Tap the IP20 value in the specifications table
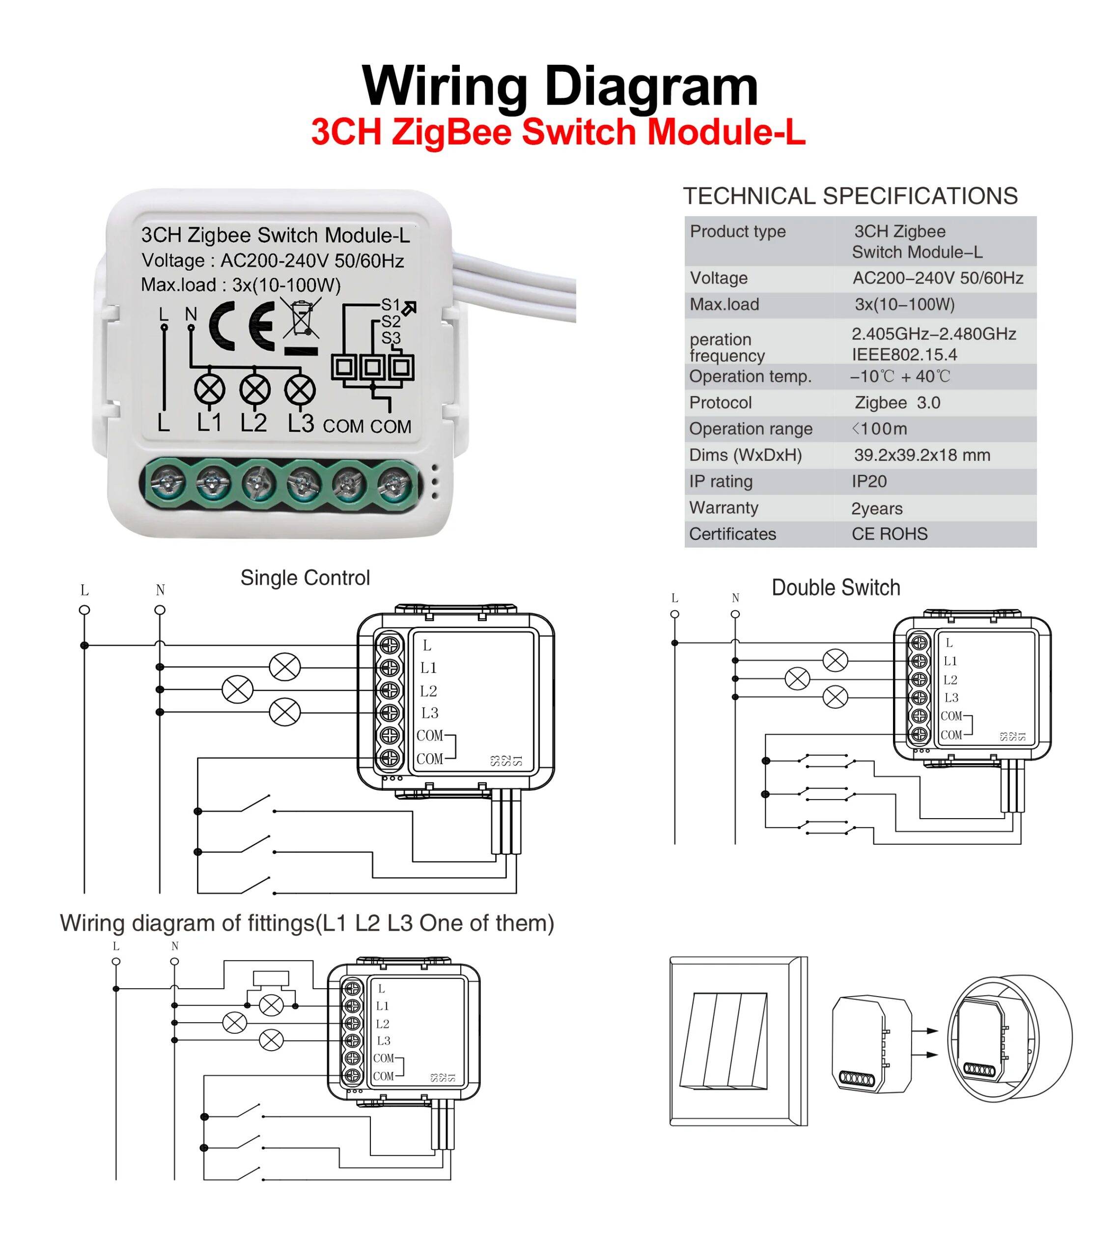[869, 481]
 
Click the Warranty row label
[724, 508]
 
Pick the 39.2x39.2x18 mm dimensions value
[922, 455]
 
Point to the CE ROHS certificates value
[889, 534]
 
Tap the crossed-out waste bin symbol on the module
[302, 317]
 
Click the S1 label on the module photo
[391, 305]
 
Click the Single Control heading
[305, 578]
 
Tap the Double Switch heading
[836, 588]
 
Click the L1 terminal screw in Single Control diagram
[390, 668]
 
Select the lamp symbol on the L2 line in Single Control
[237, 689]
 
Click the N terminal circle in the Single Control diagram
[160, 610]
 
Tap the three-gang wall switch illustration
[737, 1041]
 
